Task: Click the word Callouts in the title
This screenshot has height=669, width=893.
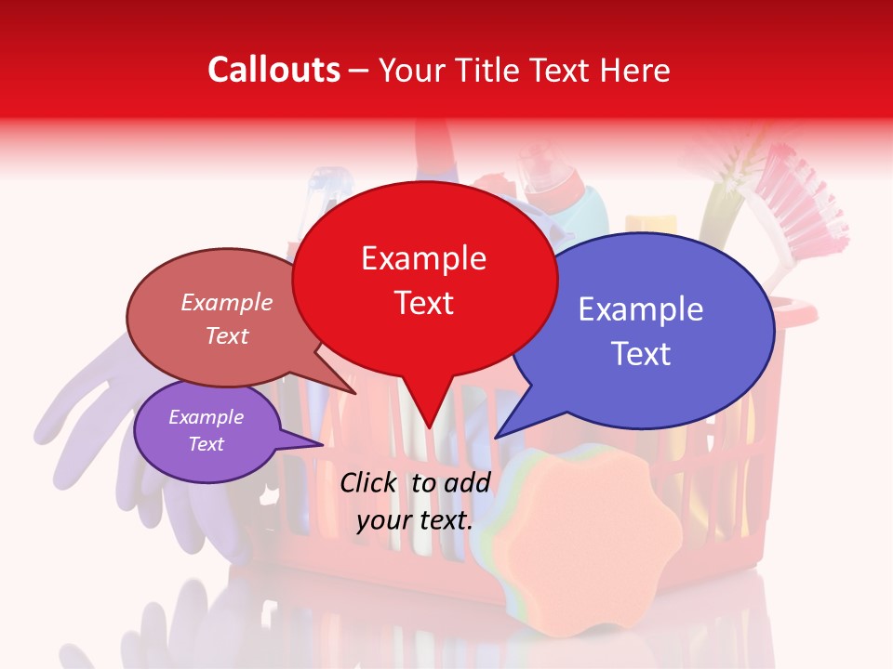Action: tap(273, 70)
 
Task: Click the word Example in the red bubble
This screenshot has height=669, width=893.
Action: tap(423, 258)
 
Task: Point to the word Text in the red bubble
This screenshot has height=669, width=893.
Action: tap(423, 303)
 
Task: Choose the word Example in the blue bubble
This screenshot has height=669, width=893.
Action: tap(641, 309)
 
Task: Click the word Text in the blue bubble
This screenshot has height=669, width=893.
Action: tap(641, 354)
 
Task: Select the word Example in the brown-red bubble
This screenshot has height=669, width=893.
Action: tap(227, 302)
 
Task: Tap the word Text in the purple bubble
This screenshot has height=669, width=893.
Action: tap(206, 444)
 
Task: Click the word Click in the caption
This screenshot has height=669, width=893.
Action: tap(370, 482)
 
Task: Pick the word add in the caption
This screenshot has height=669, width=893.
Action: tap(467, 482)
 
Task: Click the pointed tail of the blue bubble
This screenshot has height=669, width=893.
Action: tap(500, 434)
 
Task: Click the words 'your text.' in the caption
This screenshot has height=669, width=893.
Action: tap(415, 520)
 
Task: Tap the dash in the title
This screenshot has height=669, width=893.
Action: tap(360, 71)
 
